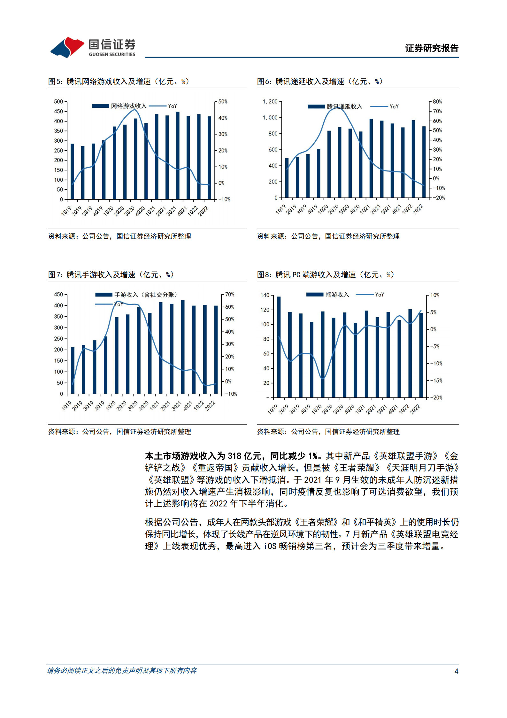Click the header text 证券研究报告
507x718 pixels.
coord(431,48)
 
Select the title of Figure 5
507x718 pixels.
coord(119,82)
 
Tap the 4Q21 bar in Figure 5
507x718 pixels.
coord(188,157)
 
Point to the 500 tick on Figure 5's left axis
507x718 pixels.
coord(58,102)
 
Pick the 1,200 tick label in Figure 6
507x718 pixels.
coord(270,102)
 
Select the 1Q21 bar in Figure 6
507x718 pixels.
coord(371,158)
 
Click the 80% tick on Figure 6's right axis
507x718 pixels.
coord(437,102)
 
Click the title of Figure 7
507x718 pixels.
coord(111,275)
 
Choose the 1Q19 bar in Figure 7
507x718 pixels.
coord(73,370)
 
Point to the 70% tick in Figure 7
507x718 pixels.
coord(229,295)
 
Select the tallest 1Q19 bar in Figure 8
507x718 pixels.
coord(279,347)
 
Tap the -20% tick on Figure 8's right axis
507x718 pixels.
coord(436,398)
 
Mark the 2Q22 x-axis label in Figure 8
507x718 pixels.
coord(415,409)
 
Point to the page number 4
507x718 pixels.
coord(456,671)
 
